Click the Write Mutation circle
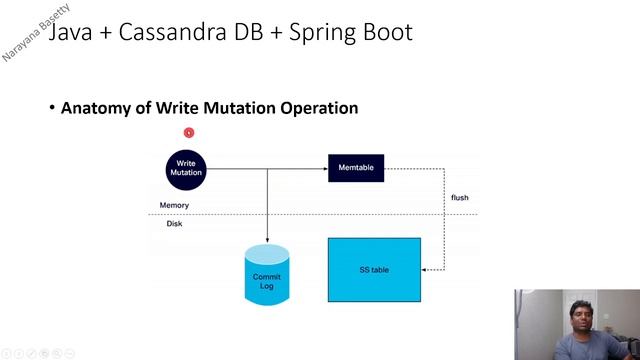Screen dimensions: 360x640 coord(186,168)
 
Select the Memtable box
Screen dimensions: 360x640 coord(356,168)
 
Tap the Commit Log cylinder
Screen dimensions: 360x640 coord(267,275)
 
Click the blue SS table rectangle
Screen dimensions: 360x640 coord(374,270)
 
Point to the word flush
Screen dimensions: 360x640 coord(459,197)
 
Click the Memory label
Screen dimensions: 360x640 coord(174,205)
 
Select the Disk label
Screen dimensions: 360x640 coord(174,224)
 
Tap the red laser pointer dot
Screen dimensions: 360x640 coord(188,132)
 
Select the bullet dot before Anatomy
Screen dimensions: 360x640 coord(52,108)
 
